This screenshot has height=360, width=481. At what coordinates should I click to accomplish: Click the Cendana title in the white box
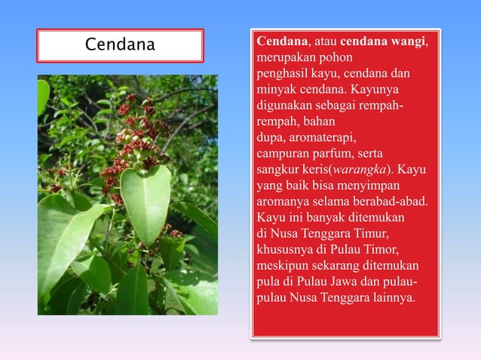(x=120, y=45)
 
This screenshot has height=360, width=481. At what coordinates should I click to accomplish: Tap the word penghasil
(x=283, y=74)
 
